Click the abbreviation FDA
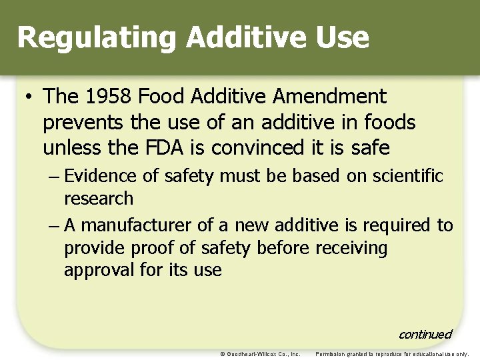183,147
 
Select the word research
99,199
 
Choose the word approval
97,271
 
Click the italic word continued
425,335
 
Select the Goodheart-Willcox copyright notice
260,354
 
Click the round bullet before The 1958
29,97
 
